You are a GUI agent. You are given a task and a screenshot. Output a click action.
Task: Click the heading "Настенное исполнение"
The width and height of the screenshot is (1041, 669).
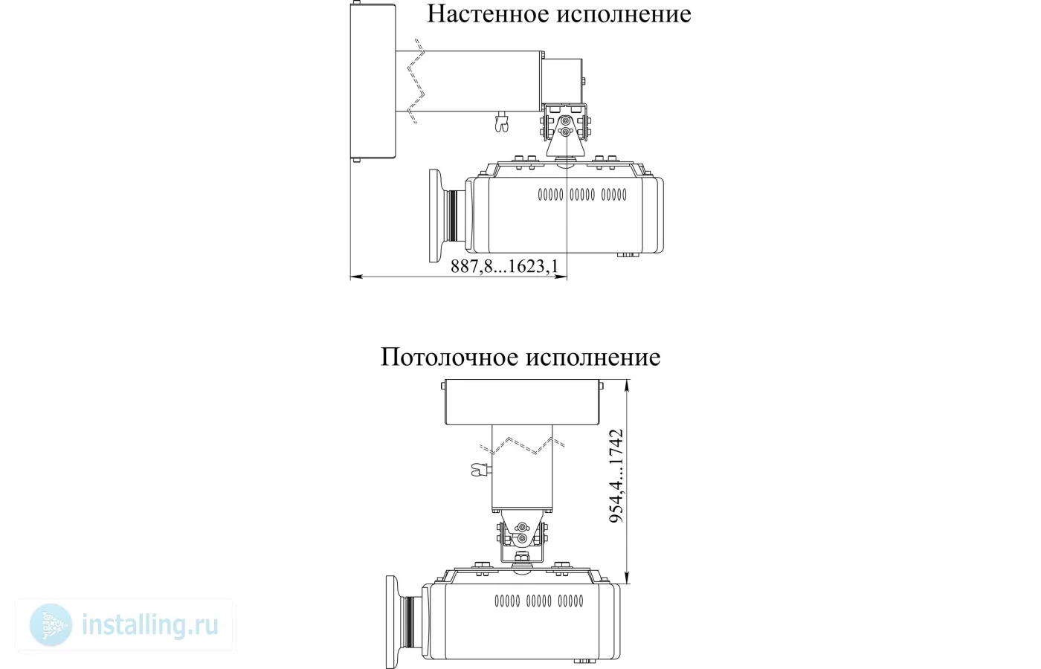[x=559, y=14]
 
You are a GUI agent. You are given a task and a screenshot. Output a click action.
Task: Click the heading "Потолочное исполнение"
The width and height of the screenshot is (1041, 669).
[x=520, y=358]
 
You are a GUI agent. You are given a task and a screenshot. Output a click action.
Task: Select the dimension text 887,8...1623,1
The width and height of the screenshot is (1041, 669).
[x=504, y=266]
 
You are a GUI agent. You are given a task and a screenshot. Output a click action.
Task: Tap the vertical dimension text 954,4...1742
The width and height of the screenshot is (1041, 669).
[x=616, y=476]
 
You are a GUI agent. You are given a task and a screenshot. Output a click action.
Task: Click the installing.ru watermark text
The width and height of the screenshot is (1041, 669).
[x=150, y=624]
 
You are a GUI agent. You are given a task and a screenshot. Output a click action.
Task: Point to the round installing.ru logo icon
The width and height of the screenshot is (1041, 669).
[x=51, y=625]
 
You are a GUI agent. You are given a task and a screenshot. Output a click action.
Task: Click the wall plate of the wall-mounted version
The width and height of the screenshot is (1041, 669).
[x=373, y=81]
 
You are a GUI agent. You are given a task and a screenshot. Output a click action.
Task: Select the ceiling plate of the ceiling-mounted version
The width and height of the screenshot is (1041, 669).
[x=522, y=402]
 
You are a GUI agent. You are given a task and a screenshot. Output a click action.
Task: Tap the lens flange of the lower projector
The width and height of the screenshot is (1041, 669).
[x=393, y=621]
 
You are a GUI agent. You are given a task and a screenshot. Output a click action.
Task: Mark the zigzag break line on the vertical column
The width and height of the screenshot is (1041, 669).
[x=522, y=445]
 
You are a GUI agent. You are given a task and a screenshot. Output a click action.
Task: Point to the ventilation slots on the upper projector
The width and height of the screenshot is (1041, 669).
[x=581, y=194]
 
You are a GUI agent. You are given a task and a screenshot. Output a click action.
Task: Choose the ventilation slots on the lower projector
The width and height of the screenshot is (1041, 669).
[x=538, y=601]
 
